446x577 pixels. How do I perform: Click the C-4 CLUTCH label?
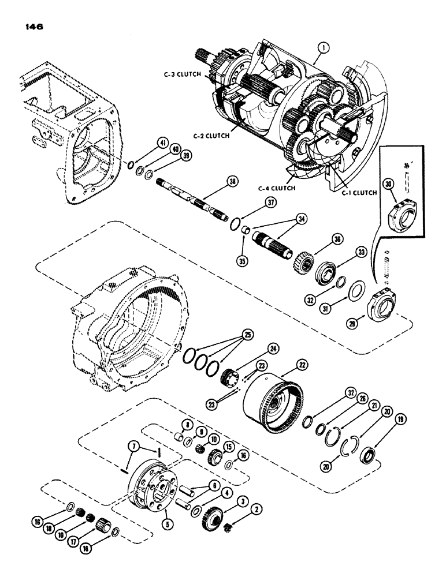(x=277, y=188)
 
